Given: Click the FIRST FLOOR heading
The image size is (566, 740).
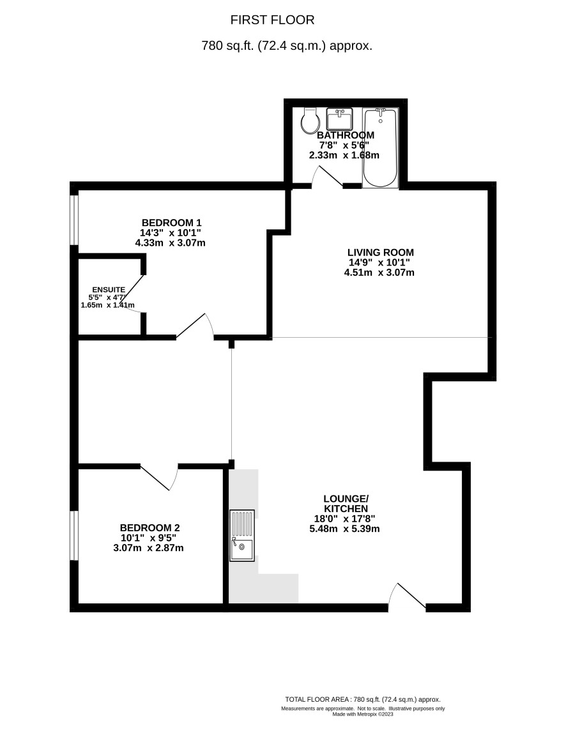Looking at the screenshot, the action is point(272,20).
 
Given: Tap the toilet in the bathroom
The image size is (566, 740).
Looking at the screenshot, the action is point(310,121).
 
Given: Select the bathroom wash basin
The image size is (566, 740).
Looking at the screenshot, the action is point(339,119).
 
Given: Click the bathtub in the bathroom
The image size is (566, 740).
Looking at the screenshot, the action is point(380,148).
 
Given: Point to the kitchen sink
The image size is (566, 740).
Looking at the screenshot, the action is point(241,535).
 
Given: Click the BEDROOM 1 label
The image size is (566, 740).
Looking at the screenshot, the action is point(171,222).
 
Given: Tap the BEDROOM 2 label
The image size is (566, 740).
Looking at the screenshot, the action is point(149,527).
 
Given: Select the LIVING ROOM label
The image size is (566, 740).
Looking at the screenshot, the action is point(381,252).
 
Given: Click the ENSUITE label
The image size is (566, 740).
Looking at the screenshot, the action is point(109,290).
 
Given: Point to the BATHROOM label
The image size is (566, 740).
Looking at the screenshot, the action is point(346,135).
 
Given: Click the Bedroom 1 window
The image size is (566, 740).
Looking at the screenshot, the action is point(74,220).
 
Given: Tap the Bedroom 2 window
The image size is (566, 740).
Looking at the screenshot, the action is point(74,535).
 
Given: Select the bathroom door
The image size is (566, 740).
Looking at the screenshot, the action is point(326,177).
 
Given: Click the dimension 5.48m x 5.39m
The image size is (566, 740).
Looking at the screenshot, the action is point(344,529).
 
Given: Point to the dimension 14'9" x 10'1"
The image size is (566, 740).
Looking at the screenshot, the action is point(379,262).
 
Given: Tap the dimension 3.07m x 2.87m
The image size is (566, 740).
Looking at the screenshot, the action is point(148,548).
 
